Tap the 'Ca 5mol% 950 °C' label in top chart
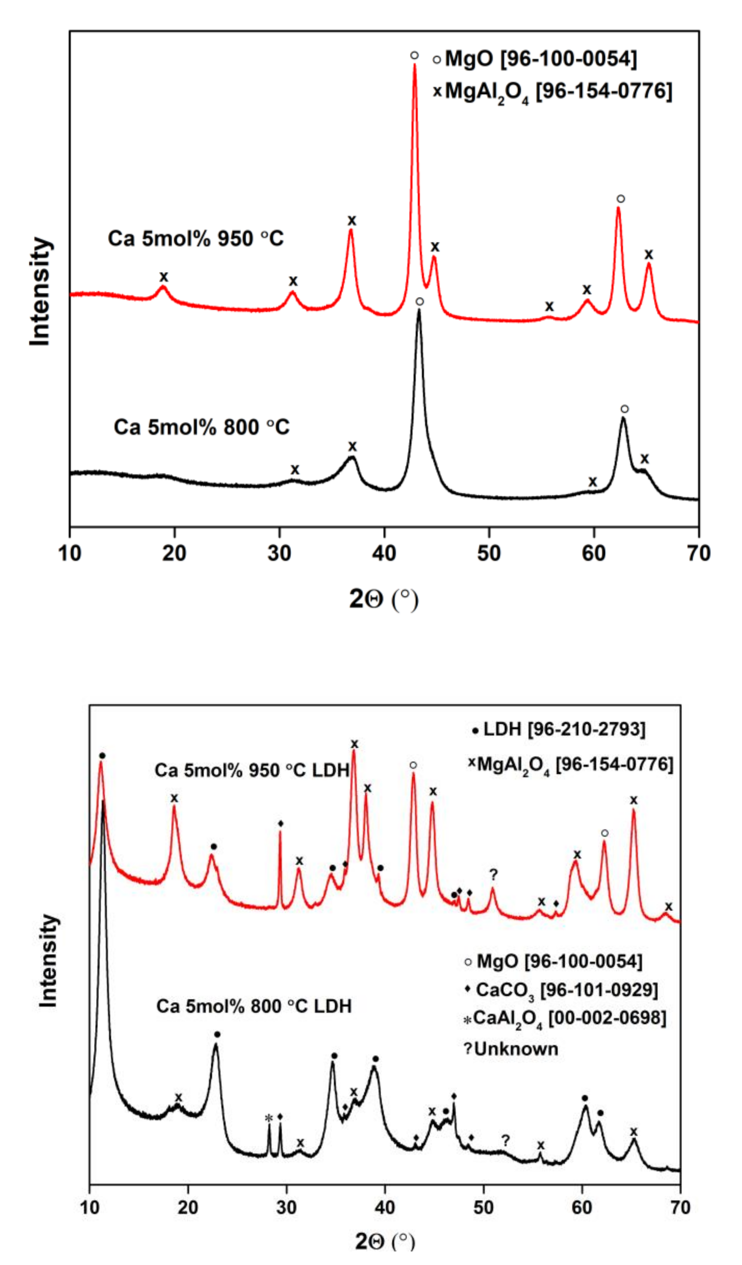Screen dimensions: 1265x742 [195, 238]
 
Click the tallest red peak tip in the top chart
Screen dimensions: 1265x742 [414, 64]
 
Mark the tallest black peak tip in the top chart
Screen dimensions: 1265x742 [419, 310]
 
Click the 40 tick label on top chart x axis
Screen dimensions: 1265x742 [384, 553]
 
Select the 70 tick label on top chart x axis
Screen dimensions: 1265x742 [698, 553]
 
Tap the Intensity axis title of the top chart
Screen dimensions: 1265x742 [41, 291]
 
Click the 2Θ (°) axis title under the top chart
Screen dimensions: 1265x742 [384, 599]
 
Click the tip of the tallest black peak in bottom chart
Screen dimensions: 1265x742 [103, 802]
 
